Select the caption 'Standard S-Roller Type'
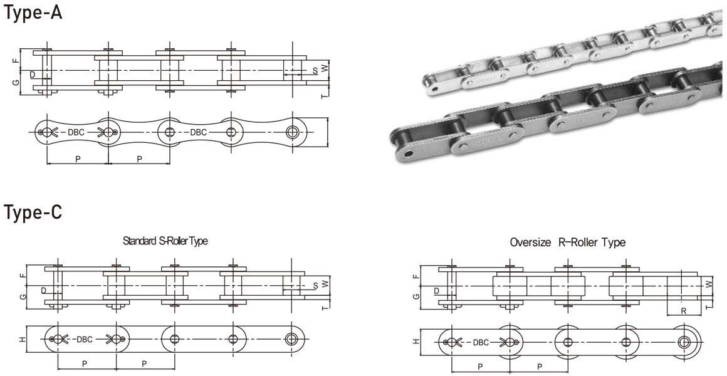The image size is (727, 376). (165, 241)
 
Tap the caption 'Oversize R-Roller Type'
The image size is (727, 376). (567, 242)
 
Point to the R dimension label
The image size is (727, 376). (683, 311)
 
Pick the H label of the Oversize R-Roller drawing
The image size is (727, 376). (416, 342)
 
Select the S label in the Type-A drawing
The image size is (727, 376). (315, 71)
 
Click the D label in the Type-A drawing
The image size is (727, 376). (32, 75)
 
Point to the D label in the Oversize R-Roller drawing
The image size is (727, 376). (436, 291)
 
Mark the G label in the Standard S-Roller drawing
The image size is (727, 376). (23, 296)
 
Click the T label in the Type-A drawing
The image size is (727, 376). (324, 96)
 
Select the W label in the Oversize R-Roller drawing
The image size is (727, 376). (709, 285)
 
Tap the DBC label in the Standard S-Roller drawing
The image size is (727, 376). (84, 340)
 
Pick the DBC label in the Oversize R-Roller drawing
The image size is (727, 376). (481, 342)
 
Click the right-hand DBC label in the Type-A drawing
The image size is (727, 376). (199, 132)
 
